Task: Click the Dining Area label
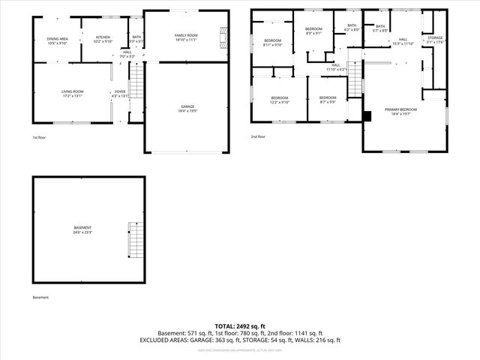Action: (58, 40)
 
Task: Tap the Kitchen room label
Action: (103, 39)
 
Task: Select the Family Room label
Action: (186, 37)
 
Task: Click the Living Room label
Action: (73, 94)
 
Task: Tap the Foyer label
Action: (120, 94)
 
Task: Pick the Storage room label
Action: (435, 39)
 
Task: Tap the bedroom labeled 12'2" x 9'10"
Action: (280, 100)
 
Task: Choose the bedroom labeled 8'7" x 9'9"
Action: (328, 100)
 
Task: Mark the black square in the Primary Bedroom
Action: (367, 115)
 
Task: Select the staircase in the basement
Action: (134, 239)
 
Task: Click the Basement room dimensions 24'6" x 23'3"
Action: (82, 232)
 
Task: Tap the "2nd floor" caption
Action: (259, 137)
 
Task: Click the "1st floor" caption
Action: (39, 138)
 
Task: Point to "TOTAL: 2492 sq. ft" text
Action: (239, 326)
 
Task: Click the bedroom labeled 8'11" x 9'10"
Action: (272, 42)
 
